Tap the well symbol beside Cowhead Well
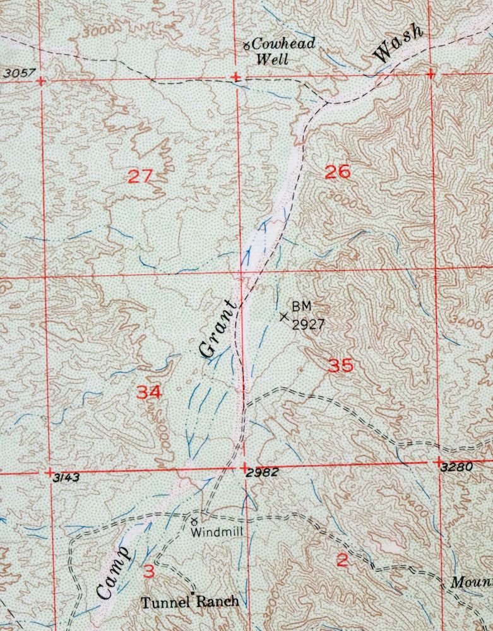coord(247,44)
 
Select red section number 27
coord(140,175)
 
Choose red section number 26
coord(337,171)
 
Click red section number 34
coord(149,392)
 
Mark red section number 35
coord(341,365)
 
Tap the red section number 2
coord(342,560)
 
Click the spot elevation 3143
coord(66,478)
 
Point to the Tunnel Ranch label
coord(190,601)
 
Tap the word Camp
coord(114,573)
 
